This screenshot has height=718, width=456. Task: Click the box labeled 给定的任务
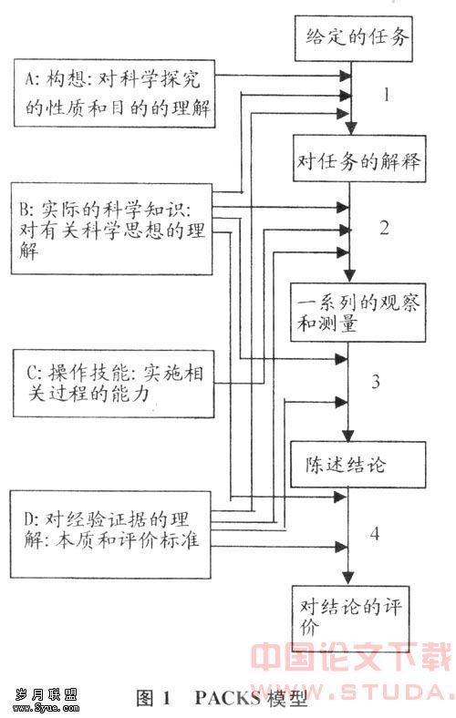pyautogui.click(x=353, y=38)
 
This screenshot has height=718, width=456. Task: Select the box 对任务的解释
pyautogui.click(x=359, y=159)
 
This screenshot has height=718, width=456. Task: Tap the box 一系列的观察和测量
pyautogui.click(x=358, y=313)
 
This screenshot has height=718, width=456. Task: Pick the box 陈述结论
pyautogui.click(x=358, y=465)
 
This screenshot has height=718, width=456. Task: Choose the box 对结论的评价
pyautogui.click(x=350, y=615)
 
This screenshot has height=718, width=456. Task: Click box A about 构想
pyautogui.click(x=115, y=93)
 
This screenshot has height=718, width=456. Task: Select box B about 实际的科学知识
pyautogui.click(x=112, y=229)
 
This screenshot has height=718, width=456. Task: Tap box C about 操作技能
pyautogui.click(x=114, y=384)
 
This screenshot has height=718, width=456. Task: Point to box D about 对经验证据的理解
pyautogui.click(x=111, y=534)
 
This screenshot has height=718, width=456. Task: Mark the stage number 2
pyautogui.click(x=384, y=228)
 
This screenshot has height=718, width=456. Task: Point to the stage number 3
pyautogui.click(x=376, y=381)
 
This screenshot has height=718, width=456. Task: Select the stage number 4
pyautogui.click(x=375, y=533)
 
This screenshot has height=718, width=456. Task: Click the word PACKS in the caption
pyautogui.click(x=228, y=697)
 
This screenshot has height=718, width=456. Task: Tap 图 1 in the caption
pyautogui.click(x=153, y=697)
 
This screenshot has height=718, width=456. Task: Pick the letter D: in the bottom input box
pyautogui.click(x=32, y=519)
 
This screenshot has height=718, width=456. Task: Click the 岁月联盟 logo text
pyautogui.click(x=46, y=695)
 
